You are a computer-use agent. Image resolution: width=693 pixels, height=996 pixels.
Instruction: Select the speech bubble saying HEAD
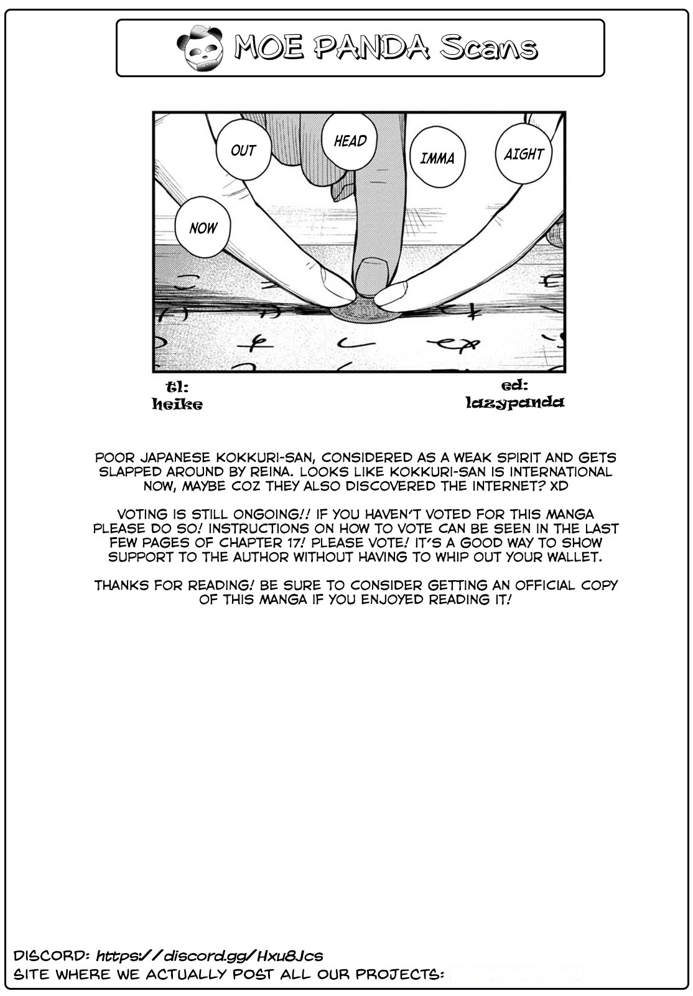pos(350,141)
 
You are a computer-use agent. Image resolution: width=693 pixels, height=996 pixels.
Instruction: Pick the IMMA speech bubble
pos(437,158)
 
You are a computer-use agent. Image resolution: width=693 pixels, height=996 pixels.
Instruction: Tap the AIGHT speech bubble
pos(524,154)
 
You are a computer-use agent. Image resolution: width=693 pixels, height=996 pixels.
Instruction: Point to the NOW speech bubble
pos(203,228)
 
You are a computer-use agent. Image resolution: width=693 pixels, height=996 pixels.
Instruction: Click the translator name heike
pos(177,405)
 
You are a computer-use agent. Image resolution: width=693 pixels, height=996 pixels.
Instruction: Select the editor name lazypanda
pos(514,402)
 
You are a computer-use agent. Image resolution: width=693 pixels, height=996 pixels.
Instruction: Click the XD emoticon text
pos(559,486)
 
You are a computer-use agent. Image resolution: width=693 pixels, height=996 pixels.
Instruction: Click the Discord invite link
pos(210,956)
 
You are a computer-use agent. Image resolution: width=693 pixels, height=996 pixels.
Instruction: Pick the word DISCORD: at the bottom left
pos(51,956)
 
